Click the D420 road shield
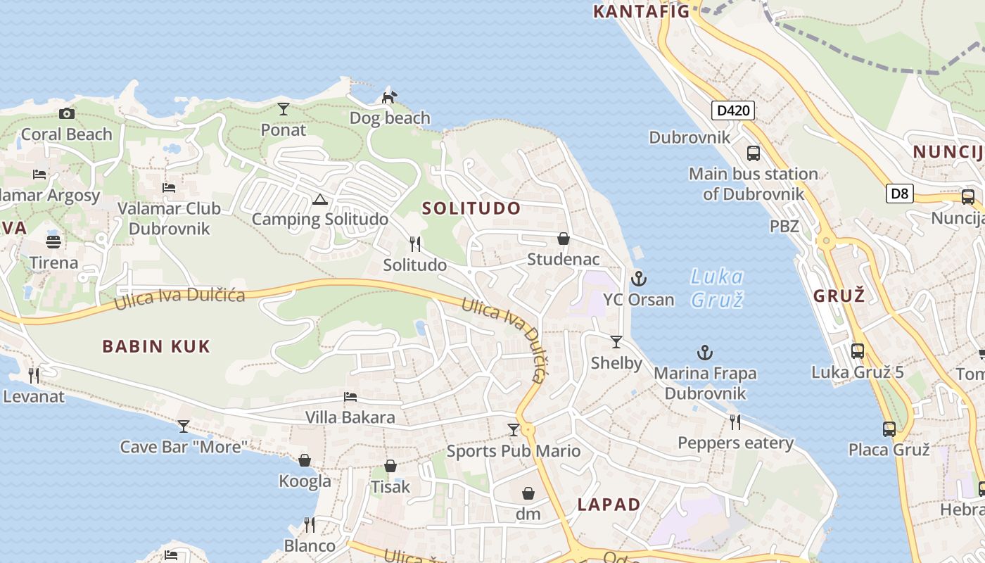coord(733,110)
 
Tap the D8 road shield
coord(899,194)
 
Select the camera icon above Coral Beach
coord(67,113)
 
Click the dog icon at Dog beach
coord(389,97)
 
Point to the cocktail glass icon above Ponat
coord(283,108)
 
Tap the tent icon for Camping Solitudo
coord(320,200)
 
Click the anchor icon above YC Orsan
coord(638,279)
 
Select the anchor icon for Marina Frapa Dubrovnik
coord(705,353)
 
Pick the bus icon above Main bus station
coord(753,153)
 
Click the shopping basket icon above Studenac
coord(563,239)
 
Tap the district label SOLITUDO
coord(471,208)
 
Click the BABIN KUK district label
coord(156,346)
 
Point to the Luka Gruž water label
coord(717,287)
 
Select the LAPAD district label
coord(609,505)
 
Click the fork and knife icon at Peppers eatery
coord(735,422)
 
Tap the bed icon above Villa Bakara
coord(350,397)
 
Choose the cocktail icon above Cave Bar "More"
coord(184,426)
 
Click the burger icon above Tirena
coord(53,242)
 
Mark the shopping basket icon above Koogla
coord(305,460)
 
